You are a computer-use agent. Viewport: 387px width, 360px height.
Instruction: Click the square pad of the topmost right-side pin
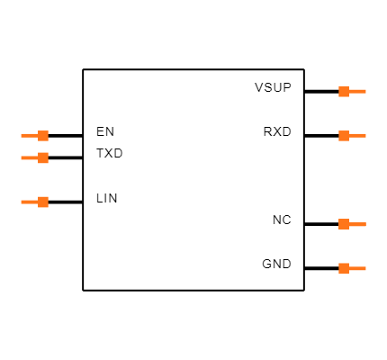click(x=344, y=91)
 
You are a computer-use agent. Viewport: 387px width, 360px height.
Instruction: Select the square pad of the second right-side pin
click(x=344, y=136)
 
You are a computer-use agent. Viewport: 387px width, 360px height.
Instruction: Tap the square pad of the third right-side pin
click(x=344, y=224)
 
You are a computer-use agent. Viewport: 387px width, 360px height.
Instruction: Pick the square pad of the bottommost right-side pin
click(x=344, y=268)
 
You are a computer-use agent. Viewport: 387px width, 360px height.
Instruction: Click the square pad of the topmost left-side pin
click(x=43, y=136)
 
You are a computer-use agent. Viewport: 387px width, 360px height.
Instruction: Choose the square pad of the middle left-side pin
click(x=43, y=157)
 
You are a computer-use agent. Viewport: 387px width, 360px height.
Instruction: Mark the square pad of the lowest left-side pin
click(x=43, y=202)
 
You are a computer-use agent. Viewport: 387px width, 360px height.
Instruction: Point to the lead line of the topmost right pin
click(x=357, y=91)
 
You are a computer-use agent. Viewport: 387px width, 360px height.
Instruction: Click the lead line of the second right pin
click(x=357, y=136)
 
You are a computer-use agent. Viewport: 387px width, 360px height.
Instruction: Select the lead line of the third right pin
click(x=357, y=224)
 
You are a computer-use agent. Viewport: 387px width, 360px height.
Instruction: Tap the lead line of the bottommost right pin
click(x=357, y=268)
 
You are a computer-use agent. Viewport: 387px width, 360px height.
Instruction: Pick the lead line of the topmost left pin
click(x=30, y=136)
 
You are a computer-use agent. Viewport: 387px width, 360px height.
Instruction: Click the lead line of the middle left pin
click(x=30, y=157)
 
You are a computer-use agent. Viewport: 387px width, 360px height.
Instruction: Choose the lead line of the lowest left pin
click(x=30, y=202)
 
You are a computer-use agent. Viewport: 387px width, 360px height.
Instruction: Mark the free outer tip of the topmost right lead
click(x=365, y=91)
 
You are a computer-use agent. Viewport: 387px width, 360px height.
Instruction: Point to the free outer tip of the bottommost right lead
click(x=365, y=268)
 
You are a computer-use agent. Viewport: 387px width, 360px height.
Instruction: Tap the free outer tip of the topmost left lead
click(x=22, y=136)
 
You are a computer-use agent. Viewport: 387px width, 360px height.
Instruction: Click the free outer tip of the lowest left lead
click(x=22, y=202)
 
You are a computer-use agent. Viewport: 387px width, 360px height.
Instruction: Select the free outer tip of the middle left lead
click(x=22, y=157)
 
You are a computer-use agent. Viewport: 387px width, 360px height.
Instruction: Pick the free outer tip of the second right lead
click(x=365, y=136)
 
